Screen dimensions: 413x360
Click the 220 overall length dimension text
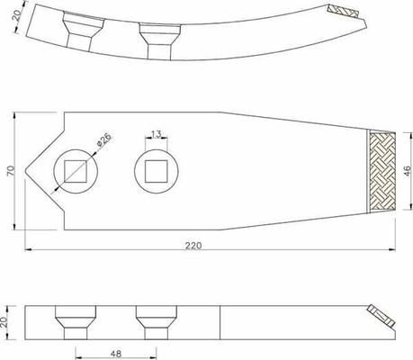(193, 246)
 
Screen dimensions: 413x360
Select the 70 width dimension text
(11, 171)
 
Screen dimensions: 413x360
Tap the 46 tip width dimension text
(407, 171)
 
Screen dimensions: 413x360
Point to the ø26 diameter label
(104, 139)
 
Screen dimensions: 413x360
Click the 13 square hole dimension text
(157, 134)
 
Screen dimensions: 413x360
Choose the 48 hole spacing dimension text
(116, 354)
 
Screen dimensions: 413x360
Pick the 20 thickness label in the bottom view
(4, 322)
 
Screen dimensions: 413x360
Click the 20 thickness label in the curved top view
(17, 15)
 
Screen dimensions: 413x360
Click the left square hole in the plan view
(76, 171)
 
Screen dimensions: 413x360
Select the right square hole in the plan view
(157, 171)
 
